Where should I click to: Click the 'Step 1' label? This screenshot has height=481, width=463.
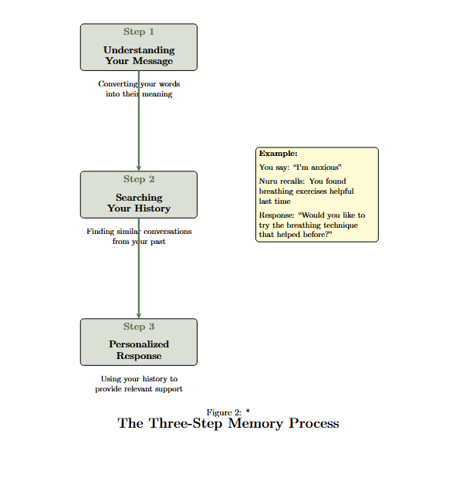pyautogui.click(x=139, y=32)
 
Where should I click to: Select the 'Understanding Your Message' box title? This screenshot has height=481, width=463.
pyautogui.click(x=139, y=56)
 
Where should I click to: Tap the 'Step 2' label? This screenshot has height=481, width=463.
pyautogui.click(x=139, y=179)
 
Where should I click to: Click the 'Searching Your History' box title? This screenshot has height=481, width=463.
pyautogui.click(x=139, y=203)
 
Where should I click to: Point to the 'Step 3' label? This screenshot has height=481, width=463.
pyautogui.click(x=139, y=327)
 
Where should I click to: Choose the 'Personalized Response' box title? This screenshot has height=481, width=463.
pyautogui.click(x=139, y=350)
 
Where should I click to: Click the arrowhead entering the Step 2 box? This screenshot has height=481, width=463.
pyautogui.click(x=139, y=168)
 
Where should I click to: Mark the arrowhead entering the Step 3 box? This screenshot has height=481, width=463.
pyautogui.click(x=139, y=315)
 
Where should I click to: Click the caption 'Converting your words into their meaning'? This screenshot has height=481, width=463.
pyautogui.click(x=139, y=89)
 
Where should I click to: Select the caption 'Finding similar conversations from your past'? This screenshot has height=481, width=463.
pyautogui.click(x=139, y=236)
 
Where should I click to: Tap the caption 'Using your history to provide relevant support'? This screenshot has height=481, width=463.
pyautogui.click(x=139, y=384)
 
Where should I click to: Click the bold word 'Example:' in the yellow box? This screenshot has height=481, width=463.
pyautogui.click(x=278, y=154)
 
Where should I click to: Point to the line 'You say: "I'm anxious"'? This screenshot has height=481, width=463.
pyautogui.click(x=300, y=167)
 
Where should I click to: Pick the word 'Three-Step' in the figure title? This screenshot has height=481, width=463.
pyautogui.click(x=184, y=423)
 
